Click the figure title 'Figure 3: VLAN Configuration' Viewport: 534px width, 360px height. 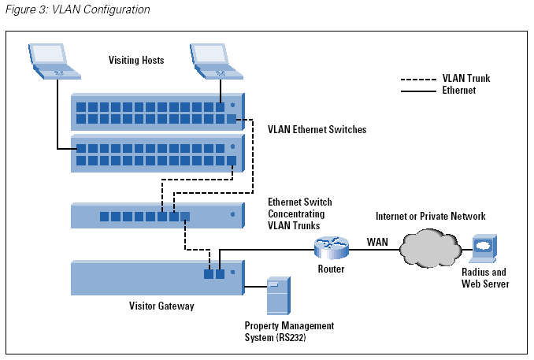click(x=76, y=10)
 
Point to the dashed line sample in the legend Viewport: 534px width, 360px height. click(x=418, y=80)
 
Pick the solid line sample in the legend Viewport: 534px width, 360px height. click(x=418, y=91)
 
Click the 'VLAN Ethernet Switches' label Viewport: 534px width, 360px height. click(x=317, y=129)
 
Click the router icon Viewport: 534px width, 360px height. click(x=330, y=247)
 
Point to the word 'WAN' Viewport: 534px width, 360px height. click(x=377, y=241)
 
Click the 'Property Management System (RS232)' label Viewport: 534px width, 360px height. click(x=289, y=332)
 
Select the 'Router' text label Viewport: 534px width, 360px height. click(x=331, y=269)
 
